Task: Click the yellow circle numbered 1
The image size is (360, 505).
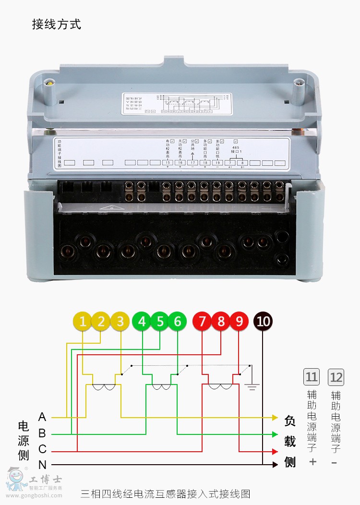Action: pyautogui.click(x=83, y=321)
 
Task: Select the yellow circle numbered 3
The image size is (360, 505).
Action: pyautogui.click(x=120, y=321)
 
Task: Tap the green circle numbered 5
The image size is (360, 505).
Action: pyautogui.click(x=160, y=321)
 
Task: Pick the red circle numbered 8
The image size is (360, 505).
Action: pyautogui.click(x=221, y=321)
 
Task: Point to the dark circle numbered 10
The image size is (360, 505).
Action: pyautogui.click(x=263, y=321)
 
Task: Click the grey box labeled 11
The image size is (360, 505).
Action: pyautogui.click(x=312, y=377)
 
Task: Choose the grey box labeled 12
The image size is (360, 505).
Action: pyautogui.click(x=336, y=377)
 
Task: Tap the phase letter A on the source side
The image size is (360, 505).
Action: pyautogui.click(x=42, y=417)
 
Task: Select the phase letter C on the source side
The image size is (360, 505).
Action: pyautogui.click(x=42, y=450)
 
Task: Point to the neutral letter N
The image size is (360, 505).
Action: pyautogui.click(x=42, y=465)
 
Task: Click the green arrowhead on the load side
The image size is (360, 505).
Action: pyautogui.click(x=275, y=434)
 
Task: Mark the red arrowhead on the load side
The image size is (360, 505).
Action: pyautogui.click(x=275, y=452)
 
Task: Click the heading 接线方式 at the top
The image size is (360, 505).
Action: pyautogui.click(x=57, y=24)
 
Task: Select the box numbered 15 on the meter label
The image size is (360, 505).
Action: pyautogui.click(x=168, y=163)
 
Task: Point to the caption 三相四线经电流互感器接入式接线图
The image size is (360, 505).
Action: pyautogui.click(x=165, y=493)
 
